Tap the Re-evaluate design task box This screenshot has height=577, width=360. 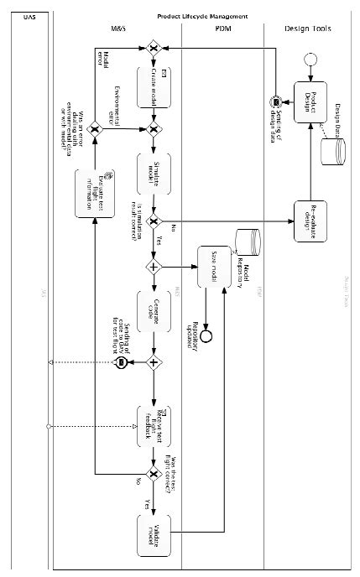point(309,221)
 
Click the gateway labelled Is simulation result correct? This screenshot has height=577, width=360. point(154,221)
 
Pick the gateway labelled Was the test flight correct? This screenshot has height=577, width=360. point(154,475)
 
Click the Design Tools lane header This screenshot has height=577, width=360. point(308,29)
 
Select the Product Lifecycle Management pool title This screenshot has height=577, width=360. point(203,16)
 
